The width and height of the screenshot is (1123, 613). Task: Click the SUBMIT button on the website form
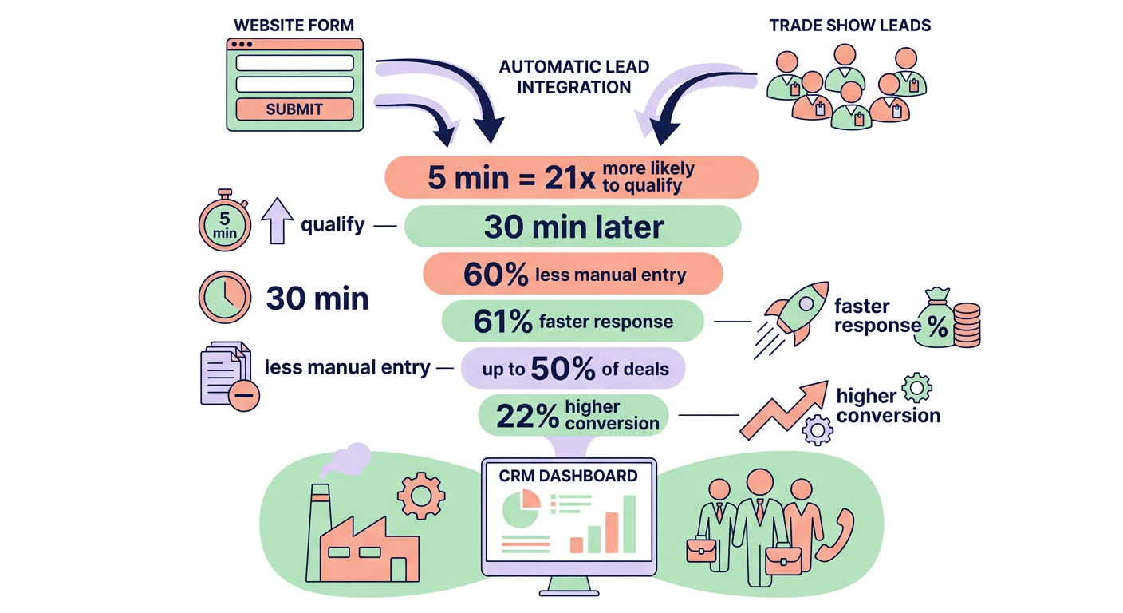coord(294,109)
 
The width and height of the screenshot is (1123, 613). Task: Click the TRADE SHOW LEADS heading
coord(849,25)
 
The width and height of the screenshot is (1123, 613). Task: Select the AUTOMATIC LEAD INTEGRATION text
coord(574,77)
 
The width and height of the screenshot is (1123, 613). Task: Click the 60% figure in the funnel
coord(495,275)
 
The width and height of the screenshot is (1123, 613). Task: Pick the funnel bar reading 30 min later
coord(573,227)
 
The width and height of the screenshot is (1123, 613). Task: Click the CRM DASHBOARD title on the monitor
coord(568,476)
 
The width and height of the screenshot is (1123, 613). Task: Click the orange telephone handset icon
coord(834,534)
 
